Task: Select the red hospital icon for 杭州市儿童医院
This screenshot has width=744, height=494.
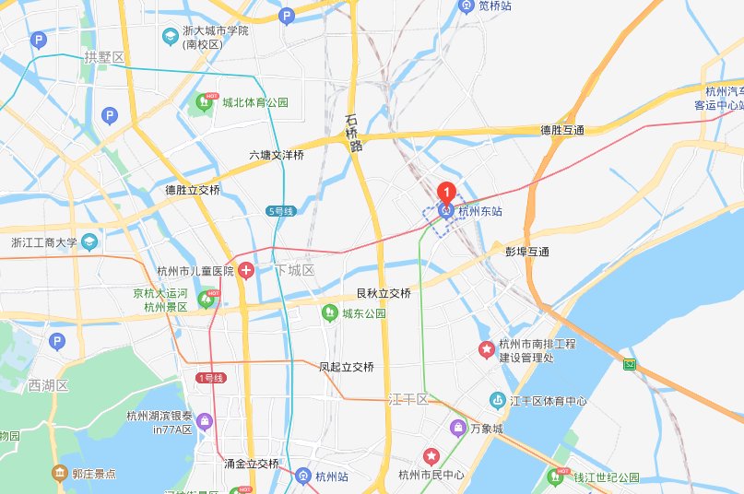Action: coord(246,271)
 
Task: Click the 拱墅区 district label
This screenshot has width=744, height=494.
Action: coord(103,57)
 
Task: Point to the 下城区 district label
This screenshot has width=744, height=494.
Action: coord(294,271)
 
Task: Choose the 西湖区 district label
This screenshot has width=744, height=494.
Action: coord(48,384)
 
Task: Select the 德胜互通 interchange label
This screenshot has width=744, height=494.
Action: coord(562,130)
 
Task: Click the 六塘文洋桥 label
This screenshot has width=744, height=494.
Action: coord(276,156)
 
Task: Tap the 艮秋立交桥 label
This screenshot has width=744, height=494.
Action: coord(384,293)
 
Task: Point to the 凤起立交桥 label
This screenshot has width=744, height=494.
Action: coord(347,367)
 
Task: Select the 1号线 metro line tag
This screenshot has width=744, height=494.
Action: coord(210,378)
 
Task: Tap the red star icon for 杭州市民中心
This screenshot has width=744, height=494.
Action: coord(431,456)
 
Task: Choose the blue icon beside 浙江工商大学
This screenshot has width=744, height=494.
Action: coord(89,242)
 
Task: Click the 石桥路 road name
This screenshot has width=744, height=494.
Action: coord(354,133)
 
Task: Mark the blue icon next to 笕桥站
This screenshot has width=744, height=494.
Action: coord(466,6)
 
